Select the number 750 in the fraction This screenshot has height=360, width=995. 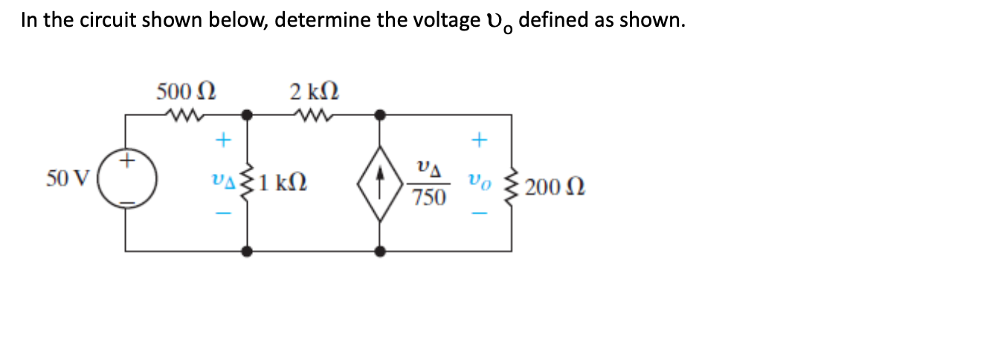click(429, 198)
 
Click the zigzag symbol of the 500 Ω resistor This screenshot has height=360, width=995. click(181, 115)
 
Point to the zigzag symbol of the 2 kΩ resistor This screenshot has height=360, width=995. click(312, 115)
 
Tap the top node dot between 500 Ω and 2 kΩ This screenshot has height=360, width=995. click(247, 115)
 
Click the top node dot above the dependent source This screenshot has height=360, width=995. click(380, 115)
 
